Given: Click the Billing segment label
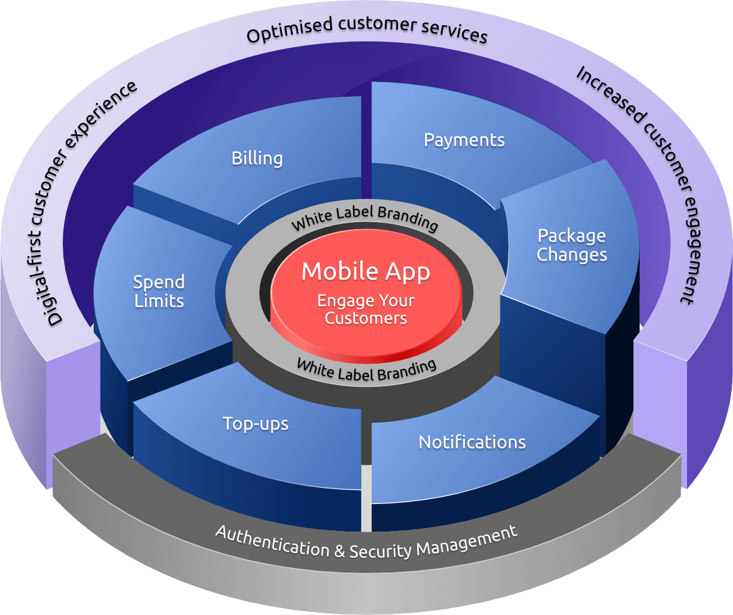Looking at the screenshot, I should (257, 158).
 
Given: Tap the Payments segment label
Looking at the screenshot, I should (464, 140).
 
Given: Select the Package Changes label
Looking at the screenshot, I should (571, 245).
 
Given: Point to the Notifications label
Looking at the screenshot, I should (472, 442).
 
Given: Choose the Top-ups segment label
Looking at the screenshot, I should (255, 423).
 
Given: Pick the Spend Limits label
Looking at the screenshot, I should (159, 291).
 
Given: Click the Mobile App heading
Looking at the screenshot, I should (365, 271).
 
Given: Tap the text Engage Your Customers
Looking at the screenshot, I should (365, 309).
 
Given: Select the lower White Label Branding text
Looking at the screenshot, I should (367, 370).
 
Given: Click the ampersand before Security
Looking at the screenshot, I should (339, 552).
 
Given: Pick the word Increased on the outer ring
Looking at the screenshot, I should (609, 94).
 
